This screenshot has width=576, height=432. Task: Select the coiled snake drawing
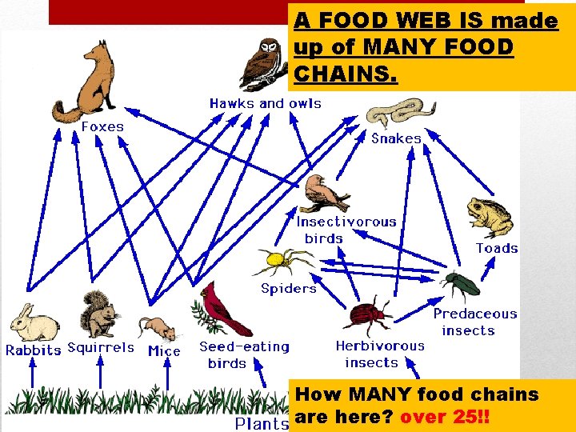pos(401,113)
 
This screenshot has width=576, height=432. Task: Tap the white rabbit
pos(33,323)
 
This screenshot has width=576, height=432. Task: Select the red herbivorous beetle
pos(371,314)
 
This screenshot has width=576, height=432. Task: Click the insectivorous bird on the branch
pos(324,193)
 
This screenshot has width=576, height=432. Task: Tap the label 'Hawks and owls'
pos(265,103)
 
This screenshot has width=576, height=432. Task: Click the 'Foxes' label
pos(102,126)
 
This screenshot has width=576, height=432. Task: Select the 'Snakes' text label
pos(396,138)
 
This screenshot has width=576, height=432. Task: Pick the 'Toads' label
pos(497,248)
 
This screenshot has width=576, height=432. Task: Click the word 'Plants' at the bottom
pos(262,423)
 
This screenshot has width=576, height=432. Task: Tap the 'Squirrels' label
pos(101,348)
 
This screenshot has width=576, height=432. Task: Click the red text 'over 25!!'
pos(446,418)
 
